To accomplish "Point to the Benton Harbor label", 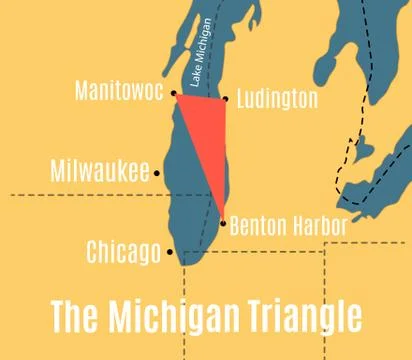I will (x=288, y=226).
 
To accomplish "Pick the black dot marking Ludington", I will (x=226, y=98).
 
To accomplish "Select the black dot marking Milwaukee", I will (x=157, y=172).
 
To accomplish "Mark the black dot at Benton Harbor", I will (x=223, y=223).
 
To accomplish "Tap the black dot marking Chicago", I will (x=170, y=252).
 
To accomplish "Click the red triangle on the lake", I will (x=209, y=135).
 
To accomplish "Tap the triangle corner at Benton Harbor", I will (x=222, y=219).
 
